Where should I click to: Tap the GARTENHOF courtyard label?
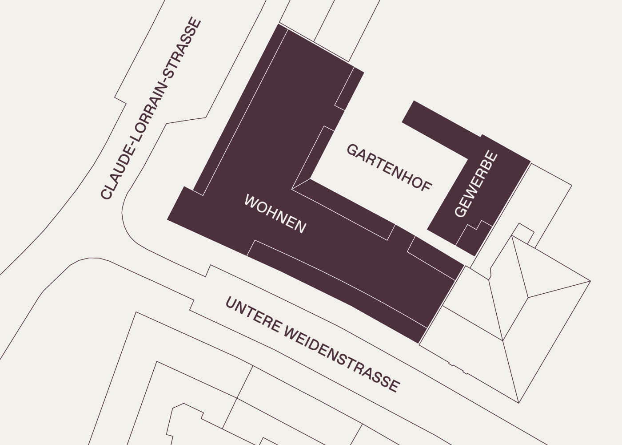389,168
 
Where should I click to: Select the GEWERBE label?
476,184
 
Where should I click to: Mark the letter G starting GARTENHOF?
351,150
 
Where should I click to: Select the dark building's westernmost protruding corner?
168,219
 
